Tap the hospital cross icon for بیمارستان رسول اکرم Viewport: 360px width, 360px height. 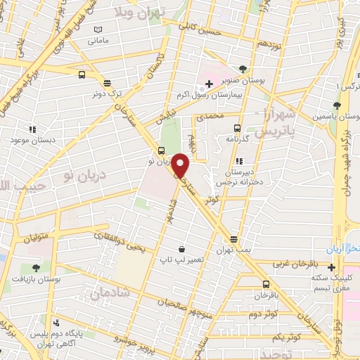pos(209,84)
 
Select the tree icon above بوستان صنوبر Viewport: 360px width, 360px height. pos(243,69)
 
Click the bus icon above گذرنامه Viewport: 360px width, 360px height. pos(237,128)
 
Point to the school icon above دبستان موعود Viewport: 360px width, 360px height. pos(32,129)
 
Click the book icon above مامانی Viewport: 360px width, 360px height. pos(98,30)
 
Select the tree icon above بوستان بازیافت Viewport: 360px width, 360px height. pos(36,268)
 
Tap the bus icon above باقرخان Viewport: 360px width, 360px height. pos(265,284)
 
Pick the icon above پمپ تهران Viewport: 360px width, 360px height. pos(233,239)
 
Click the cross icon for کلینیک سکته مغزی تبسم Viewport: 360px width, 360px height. pos(331,266)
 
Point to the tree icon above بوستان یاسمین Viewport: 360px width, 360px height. pos(337,105)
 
